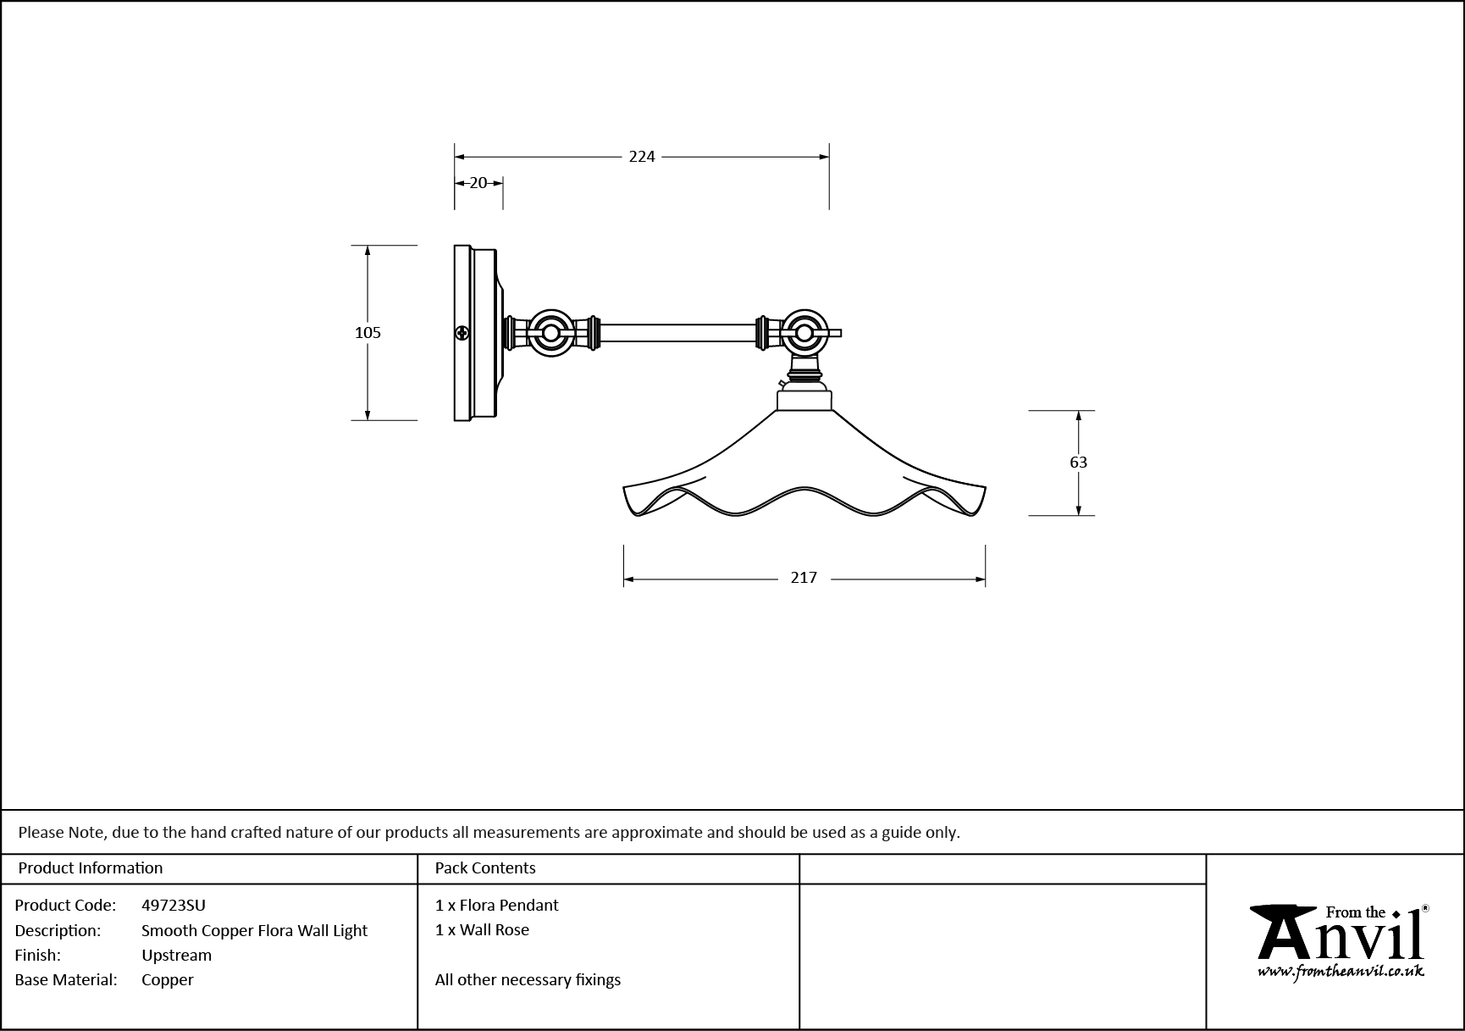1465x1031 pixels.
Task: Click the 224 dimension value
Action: click(642, 157)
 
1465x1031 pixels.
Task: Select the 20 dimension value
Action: click(478, 183)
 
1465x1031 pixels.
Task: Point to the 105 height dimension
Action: click(368, 333)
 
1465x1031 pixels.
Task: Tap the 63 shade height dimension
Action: click(1078, 463)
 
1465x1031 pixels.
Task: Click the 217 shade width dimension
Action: click(804, 578)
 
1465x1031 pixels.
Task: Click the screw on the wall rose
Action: click(462, 333)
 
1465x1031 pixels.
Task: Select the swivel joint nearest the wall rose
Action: click(550, 333)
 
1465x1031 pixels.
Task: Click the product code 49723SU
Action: click(174, 906)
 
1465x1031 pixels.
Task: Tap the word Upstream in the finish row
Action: click(176, 956)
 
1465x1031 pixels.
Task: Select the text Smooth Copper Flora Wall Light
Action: click(254, 931)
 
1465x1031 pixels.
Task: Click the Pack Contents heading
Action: click(485, 868)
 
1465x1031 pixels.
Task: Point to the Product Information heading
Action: click(91, 868)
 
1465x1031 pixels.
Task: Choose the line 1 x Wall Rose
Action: click(482, 930)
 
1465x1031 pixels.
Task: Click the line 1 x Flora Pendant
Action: click(496, 906)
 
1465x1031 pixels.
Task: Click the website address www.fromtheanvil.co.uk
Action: click(1340, 972)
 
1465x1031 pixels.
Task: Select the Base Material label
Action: click(66, 980)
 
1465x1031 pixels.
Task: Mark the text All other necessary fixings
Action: click(528, 980)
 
